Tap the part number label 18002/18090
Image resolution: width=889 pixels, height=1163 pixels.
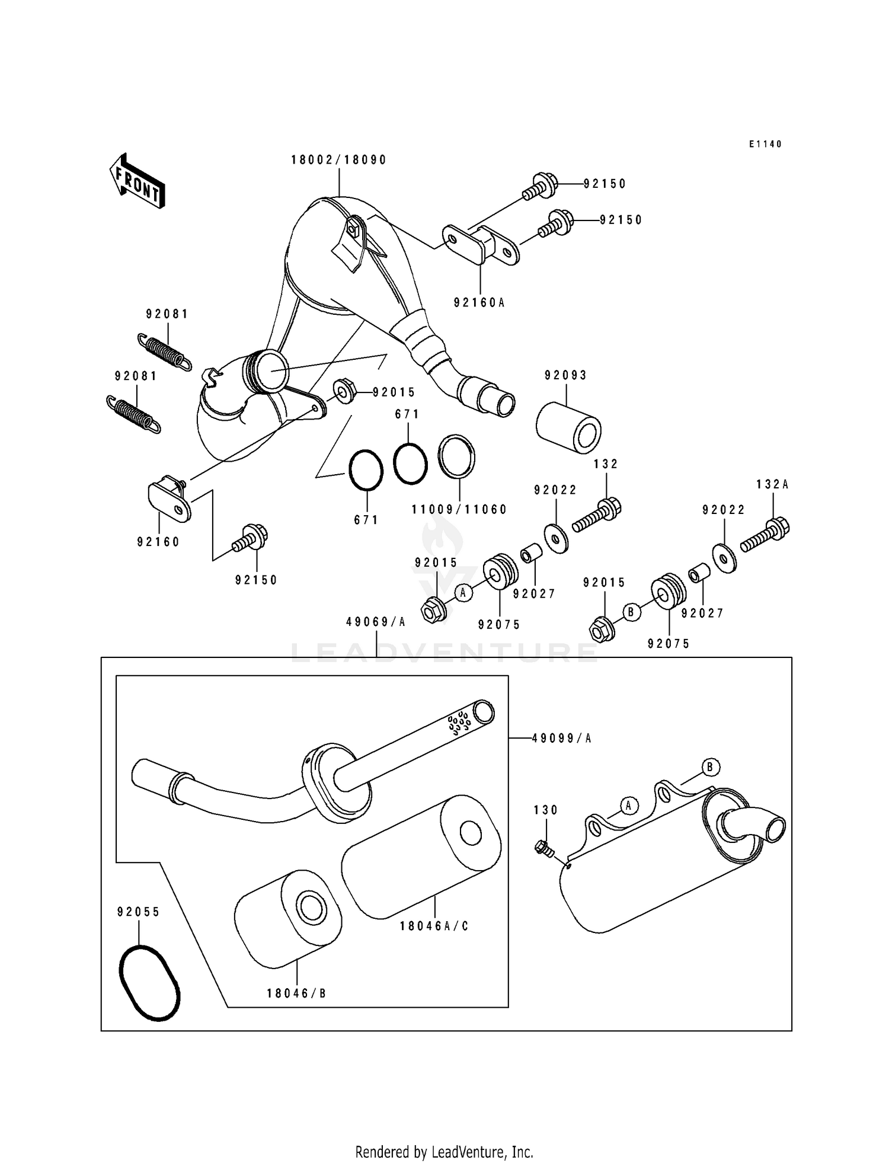click(338, 160)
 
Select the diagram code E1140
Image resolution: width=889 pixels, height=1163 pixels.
click(765, 144)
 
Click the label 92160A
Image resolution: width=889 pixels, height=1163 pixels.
click(479, 302)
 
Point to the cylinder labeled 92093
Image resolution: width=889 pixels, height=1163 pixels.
click(568, 425)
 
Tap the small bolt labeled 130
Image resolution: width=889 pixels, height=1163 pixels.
click(543, 849)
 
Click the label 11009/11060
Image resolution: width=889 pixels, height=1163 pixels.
click(460, 510)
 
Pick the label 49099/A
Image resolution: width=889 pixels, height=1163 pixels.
click(561, 738)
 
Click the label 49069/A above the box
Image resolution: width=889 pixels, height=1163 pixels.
click(376, 622)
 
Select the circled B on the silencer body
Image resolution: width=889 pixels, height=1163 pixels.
click(710, 768)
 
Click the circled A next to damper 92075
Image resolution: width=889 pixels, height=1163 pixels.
click(463, 592)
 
